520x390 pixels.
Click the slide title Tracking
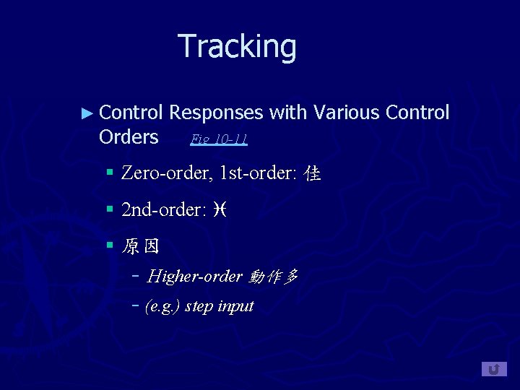click(237, 46)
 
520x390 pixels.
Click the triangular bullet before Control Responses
click(87, 113)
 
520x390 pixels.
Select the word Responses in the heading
click(216, 113)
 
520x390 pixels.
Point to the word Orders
click(129, 136)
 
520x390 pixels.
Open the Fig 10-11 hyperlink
click(219, 139)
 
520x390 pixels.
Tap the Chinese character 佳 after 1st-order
click(313, 174)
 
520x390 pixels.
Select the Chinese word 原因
click(141, 247)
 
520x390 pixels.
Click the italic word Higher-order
click(194, 277)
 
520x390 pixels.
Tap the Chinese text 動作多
click(273, 277)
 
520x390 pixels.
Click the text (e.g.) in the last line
click(163, 306)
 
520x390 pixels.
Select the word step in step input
click(199, 306)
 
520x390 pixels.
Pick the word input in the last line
click(235, 306)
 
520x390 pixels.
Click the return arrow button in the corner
click(494, 369)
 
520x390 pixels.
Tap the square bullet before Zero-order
click(110, 173)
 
